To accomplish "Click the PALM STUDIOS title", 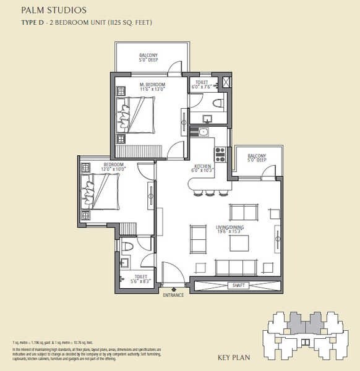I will pos(53,11).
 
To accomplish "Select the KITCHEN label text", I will pos(203,167).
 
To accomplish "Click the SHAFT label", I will pos(236,286).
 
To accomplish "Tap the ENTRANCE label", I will pos(173,296).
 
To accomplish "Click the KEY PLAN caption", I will pos(233,357).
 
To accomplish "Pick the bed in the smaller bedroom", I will pos(99,192).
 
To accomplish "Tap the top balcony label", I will pos(148,56).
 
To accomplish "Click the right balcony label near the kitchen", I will pos(257,158).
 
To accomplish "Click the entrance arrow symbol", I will pos(174,289).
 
